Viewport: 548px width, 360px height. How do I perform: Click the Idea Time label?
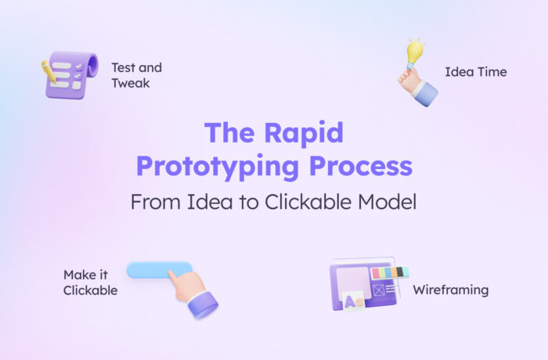point(475,72)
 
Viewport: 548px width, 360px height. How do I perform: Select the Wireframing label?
point(451,290)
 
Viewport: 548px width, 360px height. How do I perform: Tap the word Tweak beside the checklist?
point(130,83)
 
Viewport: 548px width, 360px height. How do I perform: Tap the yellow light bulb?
point(414,53)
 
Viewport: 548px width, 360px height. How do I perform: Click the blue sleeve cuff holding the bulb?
point(424,94)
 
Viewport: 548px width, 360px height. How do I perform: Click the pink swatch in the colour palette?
point(376,273)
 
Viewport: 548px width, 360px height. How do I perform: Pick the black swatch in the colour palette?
point(404,272)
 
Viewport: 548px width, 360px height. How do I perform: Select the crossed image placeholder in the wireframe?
point(379,290)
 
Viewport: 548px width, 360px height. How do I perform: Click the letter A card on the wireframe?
point(354,301)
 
